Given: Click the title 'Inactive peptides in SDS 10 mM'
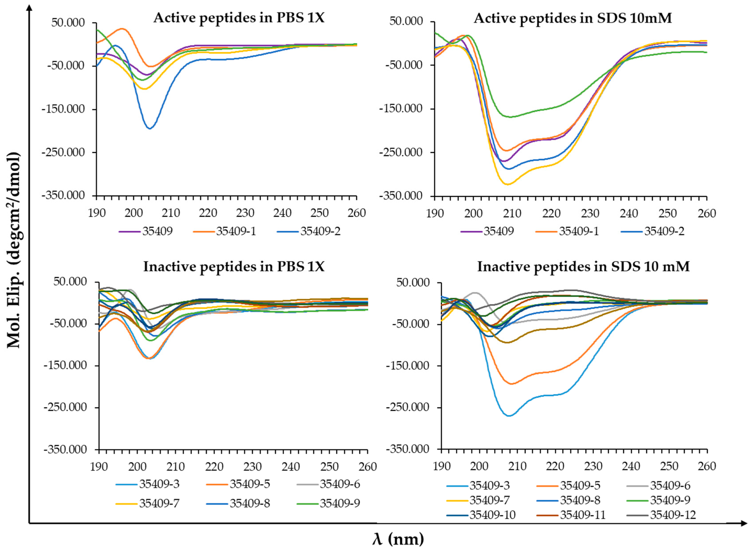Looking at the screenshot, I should pos(583,267).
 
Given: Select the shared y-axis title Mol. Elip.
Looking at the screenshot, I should pos(14,250).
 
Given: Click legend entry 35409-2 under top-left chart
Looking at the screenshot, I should pos(320,231).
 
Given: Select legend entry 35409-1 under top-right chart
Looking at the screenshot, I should pos(578,231).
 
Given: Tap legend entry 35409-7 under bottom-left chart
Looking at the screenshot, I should pos(159,503).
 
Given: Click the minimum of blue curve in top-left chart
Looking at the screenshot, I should pos(150,128).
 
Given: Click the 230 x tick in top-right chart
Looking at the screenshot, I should pos(590,213).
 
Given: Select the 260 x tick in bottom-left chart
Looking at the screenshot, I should pos(367,467).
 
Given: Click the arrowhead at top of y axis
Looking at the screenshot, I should pos(29,6).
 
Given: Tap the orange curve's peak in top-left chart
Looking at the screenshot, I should pos(122,29).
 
